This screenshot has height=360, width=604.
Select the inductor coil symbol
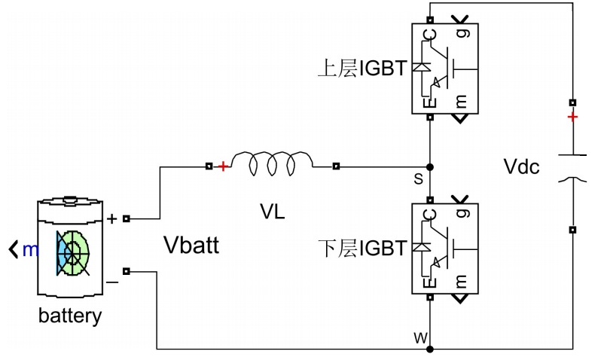tap(272, 165)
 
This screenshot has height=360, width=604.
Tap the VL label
tap(272, 212)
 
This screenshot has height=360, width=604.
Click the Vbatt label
tap(191, 245)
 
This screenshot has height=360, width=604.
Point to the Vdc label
tap(521, 166)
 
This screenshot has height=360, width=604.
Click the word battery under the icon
tap(69, 316)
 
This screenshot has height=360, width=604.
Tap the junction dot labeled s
tap(429, 166)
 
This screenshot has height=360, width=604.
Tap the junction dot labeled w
tap(429, 349)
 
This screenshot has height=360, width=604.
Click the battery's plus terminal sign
tap(112, 219)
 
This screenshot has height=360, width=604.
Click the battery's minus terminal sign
tap(111, 281)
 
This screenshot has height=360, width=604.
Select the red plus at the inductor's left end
tap(223, 166)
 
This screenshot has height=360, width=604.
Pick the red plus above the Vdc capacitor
tap(573, 117)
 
